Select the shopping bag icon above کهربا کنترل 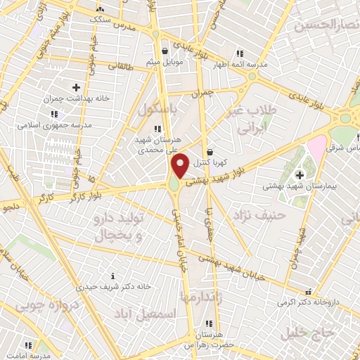[x=210, y=151]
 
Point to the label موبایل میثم [x=164, y=62]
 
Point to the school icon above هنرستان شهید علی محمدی [x=158, y=129]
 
